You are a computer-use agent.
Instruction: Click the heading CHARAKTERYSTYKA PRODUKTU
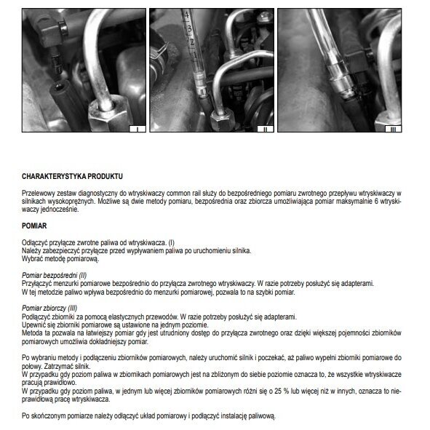click(x=73, y=177)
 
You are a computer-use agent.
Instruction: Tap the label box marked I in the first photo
click(x=135, y=129)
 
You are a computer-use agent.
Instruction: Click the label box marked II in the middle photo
click(x=266, y=129)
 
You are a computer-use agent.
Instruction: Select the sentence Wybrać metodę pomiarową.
click(x=60, y=258)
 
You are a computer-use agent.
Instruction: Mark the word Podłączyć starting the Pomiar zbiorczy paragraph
click(x=37, y=318)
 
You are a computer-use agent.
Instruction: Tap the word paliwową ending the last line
click(x=261, y=416)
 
